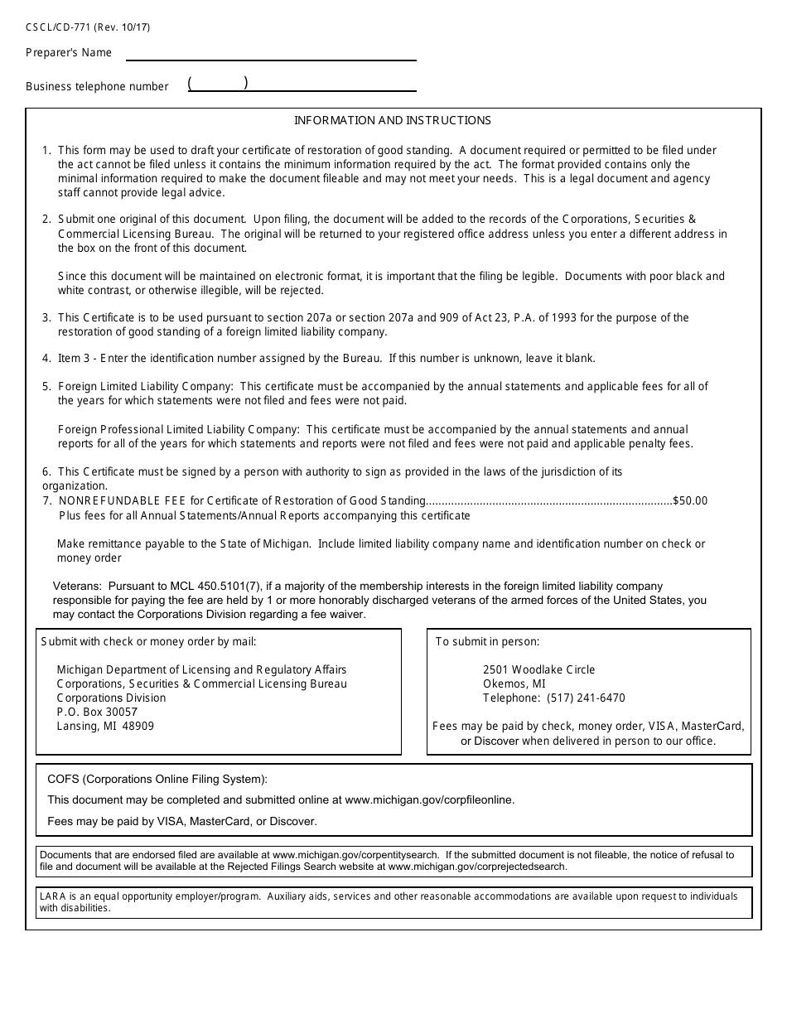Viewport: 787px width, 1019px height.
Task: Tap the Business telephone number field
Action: [302, 84]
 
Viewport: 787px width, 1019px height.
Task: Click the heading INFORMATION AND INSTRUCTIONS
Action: [393, 121]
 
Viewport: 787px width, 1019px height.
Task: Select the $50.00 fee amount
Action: [690, 501]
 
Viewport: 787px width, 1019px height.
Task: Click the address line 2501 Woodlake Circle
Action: [538, 670]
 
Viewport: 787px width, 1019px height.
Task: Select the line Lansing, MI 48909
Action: [105, 727]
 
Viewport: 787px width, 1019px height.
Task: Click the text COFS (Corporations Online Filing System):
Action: [157, 780]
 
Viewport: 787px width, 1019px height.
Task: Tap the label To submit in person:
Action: [487, 642]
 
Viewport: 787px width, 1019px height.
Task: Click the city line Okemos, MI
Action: [514, 684]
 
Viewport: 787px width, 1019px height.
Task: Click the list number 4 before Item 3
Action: [46, 359]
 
